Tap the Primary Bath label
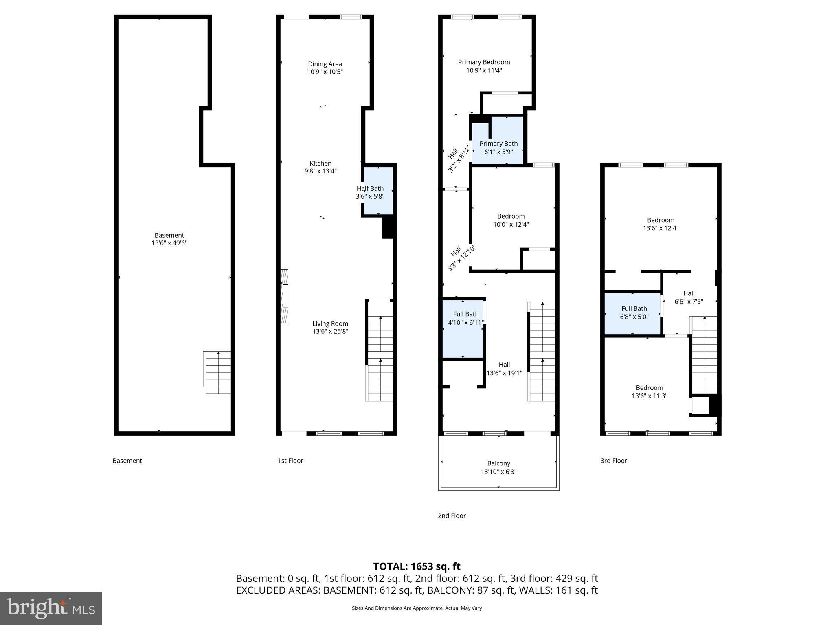pyautogui.click(x=498, y=144)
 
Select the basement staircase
pyautogui.click(x=217, y=373)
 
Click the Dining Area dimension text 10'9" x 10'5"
pyautogui.click(x=325, y=72)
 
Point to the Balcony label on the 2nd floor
pyautogui.click(x=498, y=463)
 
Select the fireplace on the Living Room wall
pyautogui.click(x=284, y=296)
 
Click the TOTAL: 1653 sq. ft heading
pyautogui.click(x=417, y=566)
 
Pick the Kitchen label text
pyautogui.click(x=320, y=163)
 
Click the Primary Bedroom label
pyautogui.click(x=484, y=62)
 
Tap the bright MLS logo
pyautogui.click(x=51, y=608)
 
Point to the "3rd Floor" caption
pyautogui.click(x=613, y=461)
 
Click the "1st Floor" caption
pyautogui.click(x=290, y=461)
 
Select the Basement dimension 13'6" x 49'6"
pyautogui.click(x=169, y=243)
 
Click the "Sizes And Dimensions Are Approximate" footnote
pyautogui.click(x=417, y=608)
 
